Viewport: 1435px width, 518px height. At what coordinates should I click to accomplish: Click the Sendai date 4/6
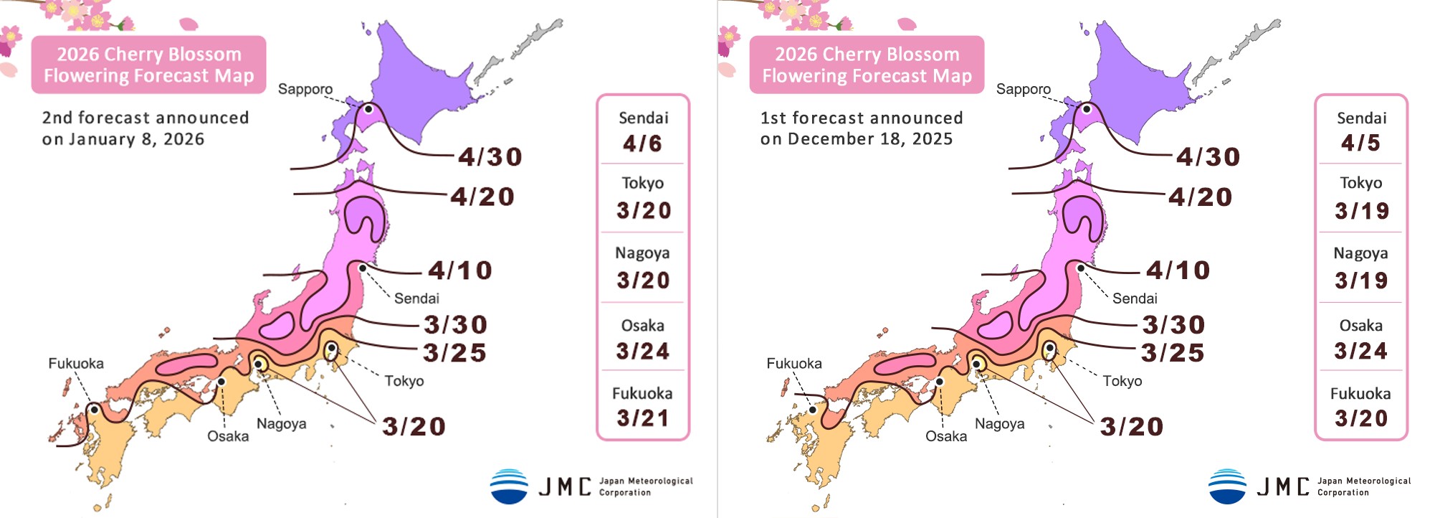(642, 143)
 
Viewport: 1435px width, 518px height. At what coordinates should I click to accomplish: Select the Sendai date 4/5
(1360, 143)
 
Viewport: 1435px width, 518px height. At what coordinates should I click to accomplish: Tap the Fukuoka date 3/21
(642, 418)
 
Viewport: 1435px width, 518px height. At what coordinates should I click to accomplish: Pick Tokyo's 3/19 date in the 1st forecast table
(1361, 211)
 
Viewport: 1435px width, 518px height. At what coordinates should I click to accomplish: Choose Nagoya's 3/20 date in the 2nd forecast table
(643, 280)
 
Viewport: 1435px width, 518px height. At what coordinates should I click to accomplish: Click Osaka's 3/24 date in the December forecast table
(1360, 351)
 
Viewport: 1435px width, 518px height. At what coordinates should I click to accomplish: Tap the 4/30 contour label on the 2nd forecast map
(490, 156)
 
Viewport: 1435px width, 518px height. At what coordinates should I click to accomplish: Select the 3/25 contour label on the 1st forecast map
(1173, 353)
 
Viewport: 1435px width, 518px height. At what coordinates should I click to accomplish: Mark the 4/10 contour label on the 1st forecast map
(1178, 270)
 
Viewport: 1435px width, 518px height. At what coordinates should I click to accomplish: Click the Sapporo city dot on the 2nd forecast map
(368, 109)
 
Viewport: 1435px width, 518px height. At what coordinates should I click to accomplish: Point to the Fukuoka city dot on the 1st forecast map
(813, 410)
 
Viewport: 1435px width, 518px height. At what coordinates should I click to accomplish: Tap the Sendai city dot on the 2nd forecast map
(363, 268)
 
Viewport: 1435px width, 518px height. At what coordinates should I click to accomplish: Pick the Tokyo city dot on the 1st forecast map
(1049, 348)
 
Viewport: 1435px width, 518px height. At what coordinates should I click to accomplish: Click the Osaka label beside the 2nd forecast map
(228, 436)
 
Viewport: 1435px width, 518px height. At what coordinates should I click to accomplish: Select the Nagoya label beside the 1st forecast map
(999, 424)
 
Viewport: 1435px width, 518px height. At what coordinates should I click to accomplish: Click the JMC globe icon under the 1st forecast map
(1227, 486)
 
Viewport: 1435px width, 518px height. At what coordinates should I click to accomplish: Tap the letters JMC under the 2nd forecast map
(565, 487)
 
